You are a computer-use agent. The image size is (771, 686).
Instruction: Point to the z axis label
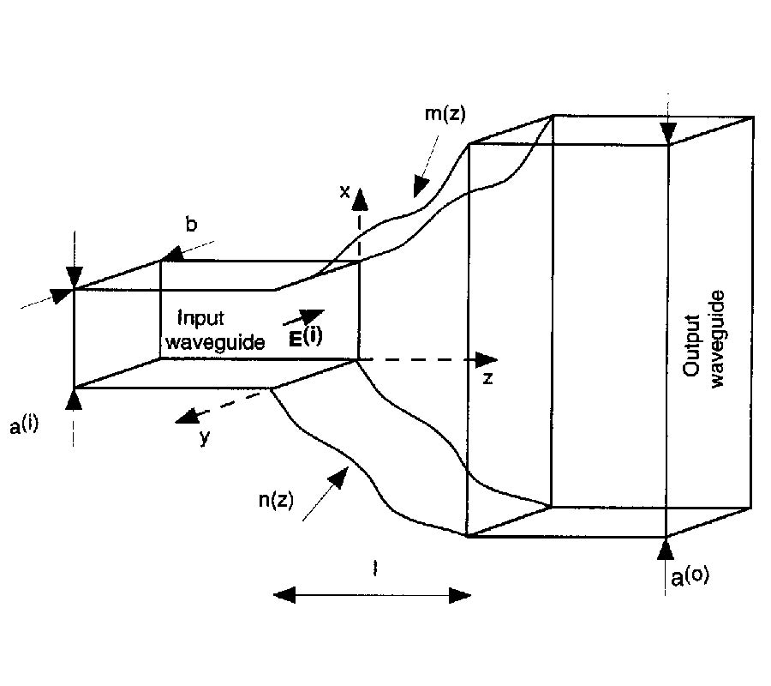[487, 378]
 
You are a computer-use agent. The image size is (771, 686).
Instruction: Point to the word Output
[693, 345]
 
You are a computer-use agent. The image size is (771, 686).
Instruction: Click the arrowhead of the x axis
[361, 199]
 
